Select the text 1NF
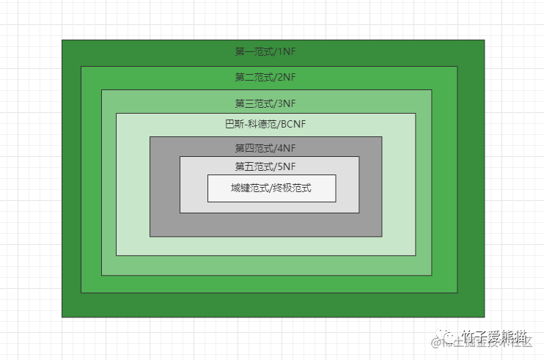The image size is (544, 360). coord(287,52)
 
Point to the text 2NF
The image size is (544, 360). coord(287,77)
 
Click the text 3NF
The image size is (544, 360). coord(287,103)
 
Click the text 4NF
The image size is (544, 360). coord(287,148)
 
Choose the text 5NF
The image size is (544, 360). coord(287,166)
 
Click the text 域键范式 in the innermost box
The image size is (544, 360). coord(249,188)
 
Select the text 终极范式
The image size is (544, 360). coord(293,188)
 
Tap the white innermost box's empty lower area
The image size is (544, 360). coord(271,197)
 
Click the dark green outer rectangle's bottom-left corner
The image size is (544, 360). coord(63,316)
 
